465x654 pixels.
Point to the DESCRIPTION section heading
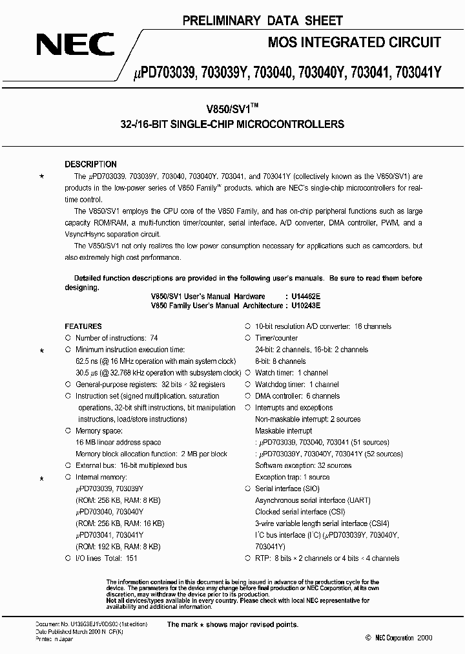point(90,164)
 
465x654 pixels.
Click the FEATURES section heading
point(83,326)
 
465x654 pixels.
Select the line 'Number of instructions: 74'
point(116,338)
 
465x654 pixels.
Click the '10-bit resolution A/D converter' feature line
point(323,326)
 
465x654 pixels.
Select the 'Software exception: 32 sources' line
point(303,465)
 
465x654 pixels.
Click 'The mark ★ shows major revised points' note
point(232,624)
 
